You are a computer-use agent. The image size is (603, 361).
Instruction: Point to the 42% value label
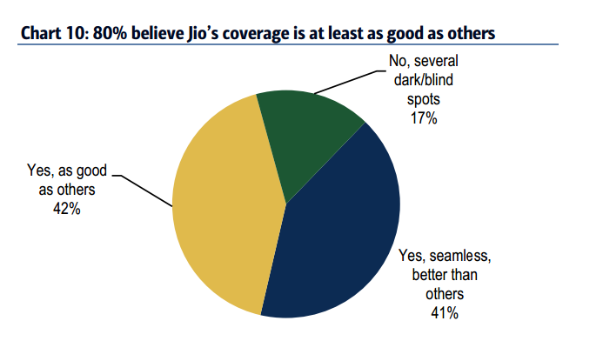(x=65, y=210)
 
